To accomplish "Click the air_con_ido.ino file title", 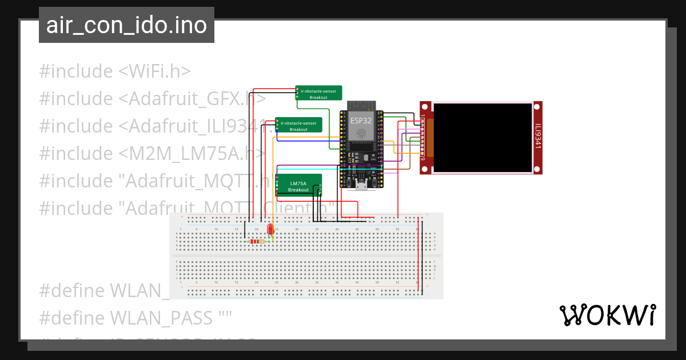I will tap(126, 25).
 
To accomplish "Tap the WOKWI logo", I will tap(607, 315).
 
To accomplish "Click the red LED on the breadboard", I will tap(270, 230).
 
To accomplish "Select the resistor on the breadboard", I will tap(257, 242).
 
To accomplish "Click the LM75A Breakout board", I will tap(298, 186).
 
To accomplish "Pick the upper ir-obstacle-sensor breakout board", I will tap(318, 93).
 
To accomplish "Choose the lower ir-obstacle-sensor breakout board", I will tap(298, 125).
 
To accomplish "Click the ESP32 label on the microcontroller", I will tap(361, 121).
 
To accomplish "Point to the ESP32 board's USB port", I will tap(361, 186).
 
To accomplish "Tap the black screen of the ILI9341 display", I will tap(482, 137).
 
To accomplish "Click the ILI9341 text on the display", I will tap(538, 137).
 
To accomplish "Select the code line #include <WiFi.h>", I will tap(115, 71).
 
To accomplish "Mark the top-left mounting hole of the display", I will tap(424, 106).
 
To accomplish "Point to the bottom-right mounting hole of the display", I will tap(538, 169).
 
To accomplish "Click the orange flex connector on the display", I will tap(430, 138).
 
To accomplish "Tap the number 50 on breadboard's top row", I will tap(377, 229).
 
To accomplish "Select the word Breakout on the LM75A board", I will tap(298, 190).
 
